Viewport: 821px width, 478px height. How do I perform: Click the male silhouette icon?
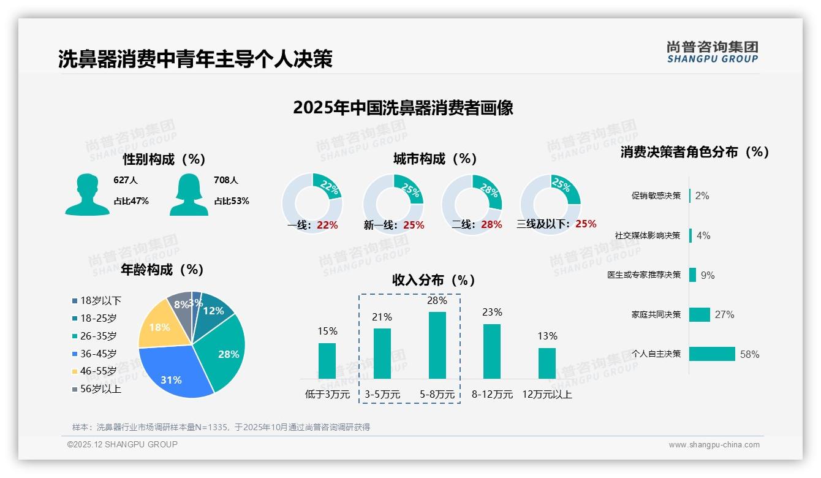(x=87, y=194)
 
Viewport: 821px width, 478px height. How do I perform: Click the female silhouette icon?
(x=189, y=194)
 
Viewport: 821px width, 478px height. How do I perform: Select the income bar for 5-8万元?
(x=437, y=345)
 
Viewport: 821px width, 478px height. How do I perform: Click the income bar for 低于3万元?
(x=327, y=360)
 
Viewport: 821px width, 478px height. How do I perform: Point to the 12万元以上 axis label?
(x=547, y=395)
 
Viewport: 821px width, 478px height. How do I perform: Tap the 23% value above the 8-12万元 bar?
(x=492, y=312)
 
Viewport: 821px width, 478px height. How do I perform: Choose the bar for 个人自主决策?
(x=712, y=354)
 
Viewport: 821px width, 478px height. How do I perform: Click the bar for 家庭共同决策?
(x=700, y=314)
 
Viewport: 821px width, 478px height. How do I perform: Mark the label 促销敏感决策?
(x=656, y=195)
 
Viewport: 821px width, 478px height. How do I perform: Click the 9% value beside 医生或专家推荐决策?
(x=708, y=275)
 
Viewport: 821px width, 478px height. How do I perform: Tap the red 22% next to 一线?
(x=327, y=225)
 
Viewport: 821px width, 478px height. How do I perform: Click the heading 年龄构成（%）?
(x=162, y=269)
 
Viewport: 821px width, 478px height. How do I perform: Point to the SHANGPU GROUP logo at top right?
(x=712, y=51)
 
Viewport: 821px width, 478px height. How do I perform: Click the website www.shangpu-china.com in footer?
(x=714, y=445)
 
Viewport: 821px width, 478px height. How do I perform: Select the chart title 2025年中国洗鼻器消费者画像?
(x=403, y=108)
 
